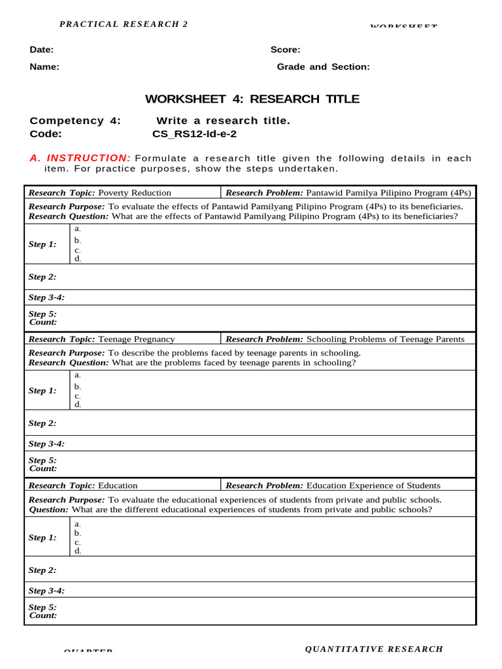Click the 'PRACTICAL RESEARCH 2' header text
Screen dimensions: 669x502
(124, 24)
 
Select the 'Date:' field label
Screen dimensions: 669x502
(42, 50)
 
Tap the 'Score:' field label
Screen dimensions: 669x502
(285, 50)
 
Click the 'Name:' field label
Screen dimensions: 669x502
(44, 67)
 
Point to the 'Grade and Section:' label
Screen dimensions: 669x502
(323, 67)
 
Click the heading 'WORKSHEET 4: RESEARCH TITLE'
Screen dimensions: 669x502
(252, 99)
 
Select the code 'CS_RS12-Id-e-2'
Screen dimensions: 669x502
(194, 134)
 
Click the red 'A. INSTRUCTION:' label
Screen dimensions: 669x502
(80, 158)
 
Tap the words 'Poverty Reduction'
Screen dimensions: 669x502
(134, 193)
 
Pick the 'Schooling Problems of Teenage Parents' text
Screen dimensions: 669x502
(385, 339)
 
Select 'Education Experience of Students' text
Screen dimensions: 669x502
(373, 485)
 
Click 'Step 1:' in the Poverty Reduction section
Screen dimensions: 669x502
(42, 244)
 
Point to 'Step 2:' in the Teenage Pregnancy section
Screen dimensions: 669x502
(42, 423)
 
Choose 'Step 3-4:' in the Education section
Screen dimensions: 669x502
(46, 591)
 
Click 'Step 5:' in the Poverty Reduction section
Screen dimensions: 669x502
(42, 314)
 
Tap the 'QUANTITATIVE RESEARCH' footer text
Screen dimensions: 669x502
(374, 649)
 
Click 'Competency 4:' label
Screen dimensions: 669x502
(75, 121)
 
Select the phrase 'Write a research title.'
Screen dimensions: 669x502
(223, 121)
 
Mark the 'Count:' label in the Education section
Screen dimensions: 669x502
(42, 615)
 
